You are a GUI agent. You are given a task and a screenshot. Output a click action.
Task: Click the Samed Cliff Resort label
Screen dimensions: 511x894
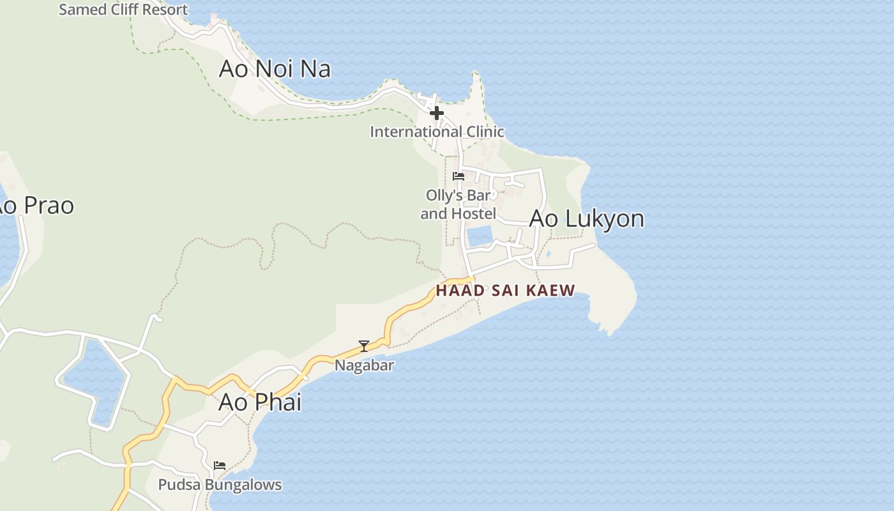point(123,10)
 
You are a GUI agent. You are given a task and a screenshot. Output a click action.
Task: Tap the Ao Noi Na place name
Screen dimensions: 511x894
point(275,68)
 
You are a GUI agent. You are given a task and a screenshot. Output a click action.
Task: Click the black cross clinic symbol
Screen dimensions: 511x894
point(437,114)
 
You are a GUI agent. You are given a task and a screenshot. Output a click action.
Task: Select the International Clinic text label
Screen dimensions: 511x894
point(437,132)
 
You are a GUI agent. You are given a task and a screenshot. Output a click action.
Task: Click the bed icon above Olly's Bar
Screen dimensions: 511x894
point(458,176)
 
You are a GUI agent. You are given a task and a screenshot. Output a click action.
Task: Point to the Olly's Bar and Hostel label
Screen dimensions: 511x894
point(458,204)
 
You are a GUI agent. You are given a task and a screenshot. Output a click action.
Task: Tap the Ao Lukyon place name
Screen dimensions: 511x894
point(586,218)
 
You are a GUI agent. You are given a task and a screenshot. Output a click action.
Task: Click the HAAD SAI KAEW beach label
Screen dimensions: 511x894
point(505,291)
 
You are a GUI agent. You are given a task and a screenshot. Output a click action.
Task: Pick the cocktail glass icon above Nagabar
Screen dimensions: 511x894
point(364,346)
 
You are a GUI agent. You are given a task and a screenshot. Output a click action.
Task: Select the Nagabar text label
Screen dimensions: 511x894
point(364,365)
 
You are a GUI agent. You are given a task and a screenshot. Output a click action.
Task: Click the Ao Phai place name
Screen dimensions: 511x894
point(260,402)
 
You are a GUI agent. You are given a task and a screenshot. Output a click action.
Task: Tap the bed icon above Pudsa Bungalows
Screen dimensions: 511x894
point(220,466)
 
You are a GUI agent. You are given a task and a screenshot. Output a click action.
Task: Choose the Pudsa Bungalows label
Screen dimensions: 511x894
point(220,485)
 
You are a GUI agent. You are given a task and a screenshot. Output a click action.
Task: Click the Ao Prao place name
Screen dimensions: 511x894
point(35,206)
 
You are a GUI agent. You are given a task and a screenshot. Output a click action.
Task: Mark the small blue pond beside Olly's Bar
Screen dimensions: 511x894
point(480,236)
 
